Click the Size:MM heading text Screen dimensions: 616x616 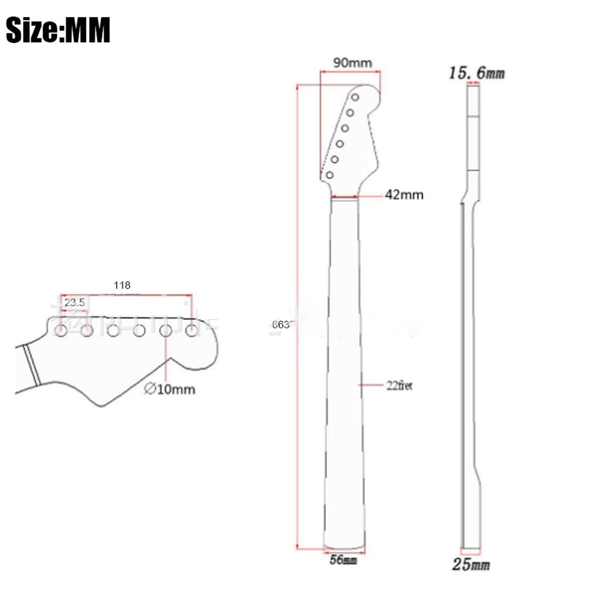[58, 30]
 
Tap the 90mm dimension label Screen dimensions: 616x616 [352, 63]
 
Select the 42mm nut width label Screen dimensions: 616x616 [404, 195]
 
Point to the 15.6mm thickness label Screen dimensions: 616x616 [477, 73]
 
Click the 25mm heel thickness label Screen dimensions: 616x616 [470, 564]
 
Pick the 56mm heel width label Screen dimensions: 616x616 [343, 560]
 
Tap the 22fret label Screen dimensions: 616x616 [399, 385]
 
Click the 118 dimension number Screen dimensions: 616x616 [122, 285]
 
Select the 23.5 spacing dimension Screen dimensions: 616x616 [74, 303]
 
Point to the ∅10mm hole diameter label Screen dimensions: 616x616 [170, 389]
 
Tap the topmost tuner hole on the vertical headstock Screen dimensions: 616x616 [355, 97]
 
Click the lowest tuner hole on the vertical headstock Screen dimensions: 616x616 [330, 175]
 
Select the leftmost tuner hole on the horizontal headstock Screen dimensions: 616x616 [61, 330]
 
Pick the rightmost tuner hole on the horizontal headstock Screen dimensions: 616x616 [192, 330]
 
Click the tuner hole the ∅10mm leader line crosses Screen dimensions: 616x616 [166, 330]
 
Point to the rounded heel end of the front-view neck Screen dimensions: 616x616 [344, 547]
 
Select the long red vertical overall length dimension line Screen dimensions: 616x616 [297, 316]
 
